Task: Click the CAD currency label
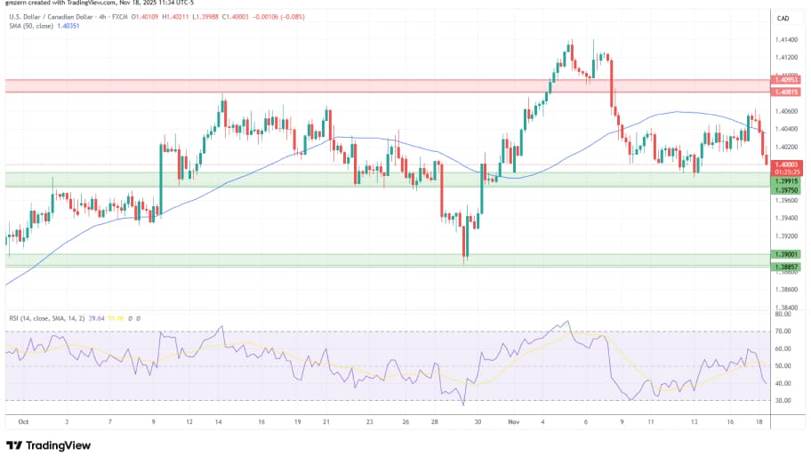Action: (x=783, y=18)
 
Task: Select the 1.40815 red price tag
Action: (x=787, y=92)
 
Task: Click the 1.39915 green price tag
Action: (x=787, y=180)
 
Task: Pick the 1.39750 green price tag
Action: (x=787, y=189)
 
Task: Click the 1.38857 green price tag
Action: (x=787, y=266)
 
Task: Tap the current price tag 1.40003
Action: (x=787, y=164)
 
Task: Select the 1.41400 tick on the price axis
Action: (x=785, y=40)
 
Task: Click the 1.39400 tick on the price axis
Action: (x=785, y=218)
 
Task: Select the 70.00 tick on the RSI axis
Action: (x=783, y=331)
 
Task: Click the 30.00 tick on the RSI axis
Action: (x=783, y=400)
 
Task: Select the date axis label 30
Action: (x=478, y=424)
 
